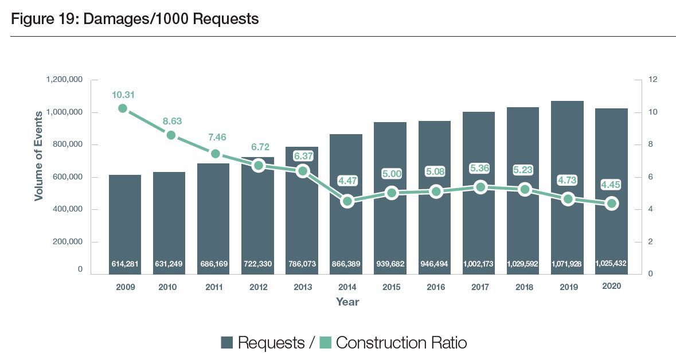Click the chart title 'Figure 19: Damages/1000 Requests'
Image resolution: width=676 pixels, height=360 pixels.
click(135, 19)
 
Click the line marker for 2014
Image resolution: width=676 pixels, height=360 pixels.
click(347, 201)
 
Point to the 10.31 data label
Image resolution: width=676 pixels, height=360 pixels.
click(123, 95)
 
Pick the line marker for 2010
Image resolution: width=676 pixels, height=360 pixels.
click(171, 135)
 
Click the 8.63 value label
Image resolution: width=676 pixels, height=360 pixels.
click(171, 122)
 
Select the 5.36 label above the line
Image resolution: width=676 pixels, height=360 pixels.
click(480, 168)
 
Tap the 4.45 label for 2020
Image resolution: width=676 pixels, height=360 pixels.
click(611, 185)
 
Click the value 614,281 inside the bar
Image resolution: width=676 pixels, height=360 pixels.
click(125, 264)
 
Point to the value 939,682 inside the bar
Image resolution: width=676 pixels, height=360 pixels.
click(390, 264)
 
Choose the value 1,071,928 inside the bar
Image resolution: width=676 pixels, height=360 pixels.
click(567, 264)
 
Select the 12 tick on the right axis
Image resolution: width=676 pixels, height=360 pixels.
click(651, 80)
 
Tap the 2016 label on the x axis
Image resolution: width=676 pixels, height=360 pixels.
click(435, 287)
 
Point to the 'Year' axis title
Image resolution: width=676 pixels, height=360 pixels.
click(347, 301)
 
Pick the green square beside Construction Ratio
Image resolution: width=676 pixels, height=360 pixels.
click(325, 343)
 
